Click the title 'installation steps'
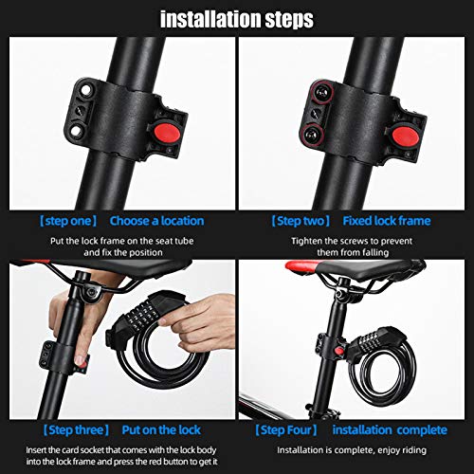(237, 19)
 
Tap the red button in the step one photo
(167, 134)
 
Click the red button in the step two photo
(406, 136)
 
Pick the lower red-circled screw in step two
(313, 134)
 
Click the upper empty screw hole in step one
(85, 90)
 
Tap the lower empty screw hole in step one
(77, 130)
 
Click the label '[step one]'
(68, 221)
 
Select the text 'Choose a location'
(156, 221)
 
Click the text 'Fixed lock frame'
(387, 221)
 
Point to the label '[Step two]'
(301, 221)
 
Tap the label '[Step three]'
(76, 430)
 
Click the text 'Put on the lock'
(161, 430)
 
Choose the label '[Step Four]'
(286, 430)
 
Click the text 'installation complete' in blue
(390, 430)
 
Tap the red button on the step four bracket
(339, 350)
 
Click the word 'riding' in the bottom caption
(414, 450)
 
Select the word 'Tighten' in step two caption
(306, 241)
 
